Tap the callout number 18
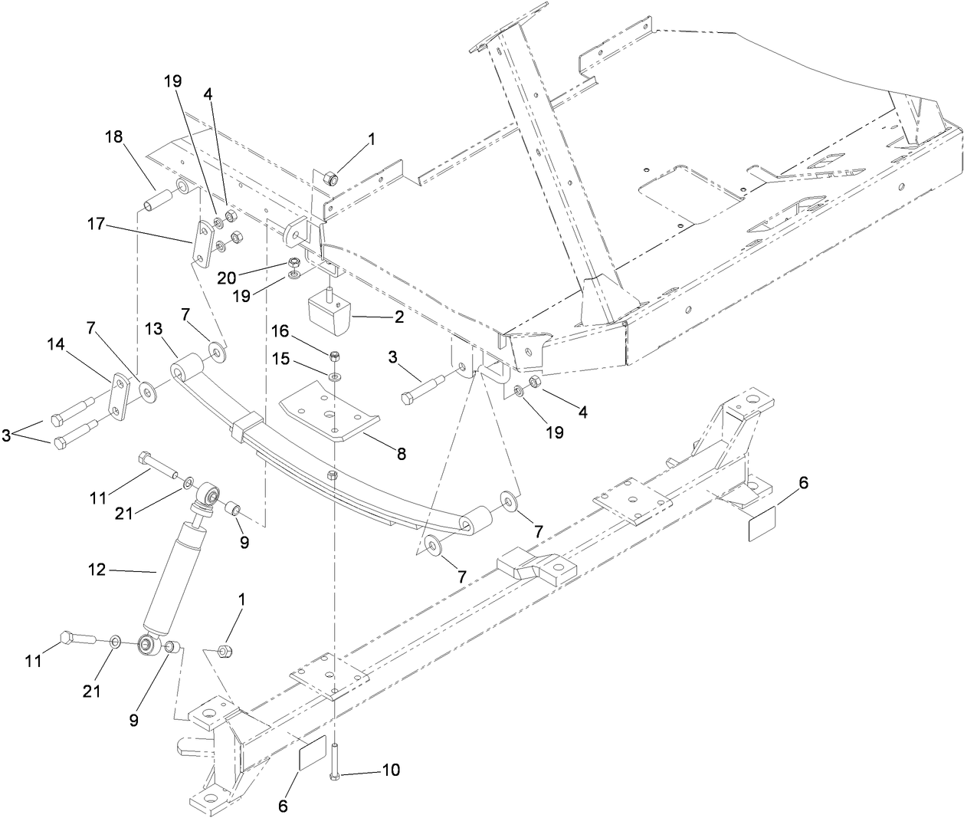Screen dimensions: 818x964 [x=113, y=137]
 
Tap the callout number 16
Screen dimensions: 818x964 [x=281, y=330]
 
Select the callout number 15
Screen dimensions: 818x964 [x=281, y=359]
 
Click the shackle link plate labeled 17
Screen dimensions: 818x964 [x=203, y=243]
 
